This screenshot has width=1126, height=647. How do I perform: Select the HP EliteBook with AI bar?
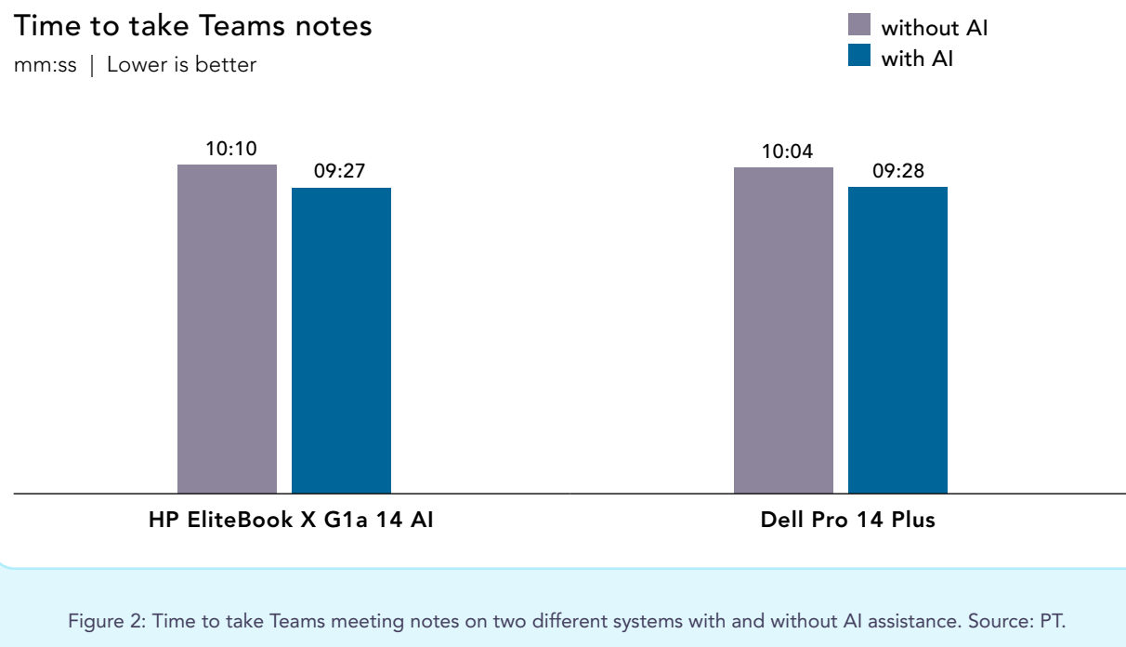341,340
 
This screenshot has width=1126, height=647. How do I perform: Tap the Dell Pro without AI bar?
783,330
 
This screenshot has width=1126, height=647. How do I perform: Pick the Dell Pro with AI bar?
897,340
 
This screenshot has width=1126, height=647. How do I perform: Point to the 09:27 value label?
340,172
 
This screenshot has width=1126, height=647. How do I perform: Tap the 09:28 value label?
898,171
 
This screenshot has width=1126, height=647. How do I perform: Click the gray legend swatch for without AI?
859,25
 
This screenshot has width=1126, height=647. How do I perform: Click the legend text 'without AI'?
935,28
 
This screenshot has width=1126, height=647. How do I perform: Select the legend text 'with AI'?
917,59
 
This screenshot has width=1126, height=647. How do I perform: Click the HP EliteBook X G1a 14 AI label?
291,520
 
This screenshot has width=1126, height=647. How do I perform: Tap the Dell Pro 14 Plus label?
847,520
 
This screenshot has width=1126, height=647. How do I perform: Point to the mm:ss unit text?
46,65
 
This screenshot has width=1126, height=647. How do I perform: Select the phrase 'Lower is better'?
181,65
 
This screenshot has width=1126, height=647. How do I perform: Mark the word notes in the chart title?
338,26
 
